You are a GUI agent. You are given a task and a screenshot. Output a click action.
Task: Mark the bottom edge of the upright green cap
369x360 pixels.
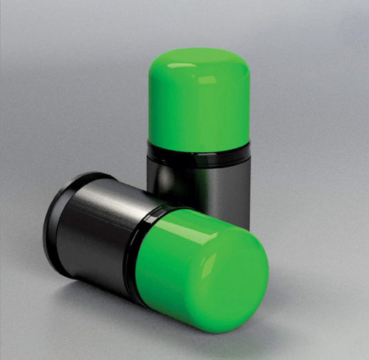click(x=199, y=143)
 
